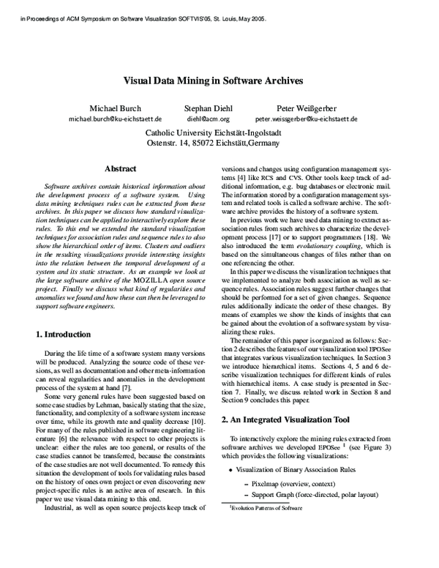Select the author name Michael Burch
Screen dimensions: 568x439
[115, 107]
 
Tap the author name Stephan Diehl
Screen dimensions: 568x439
[209, 107]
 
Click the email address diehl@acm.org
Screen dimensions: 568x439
[209, 118]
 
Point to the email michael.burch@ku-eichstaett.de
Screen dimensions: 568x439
[115, 118]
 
